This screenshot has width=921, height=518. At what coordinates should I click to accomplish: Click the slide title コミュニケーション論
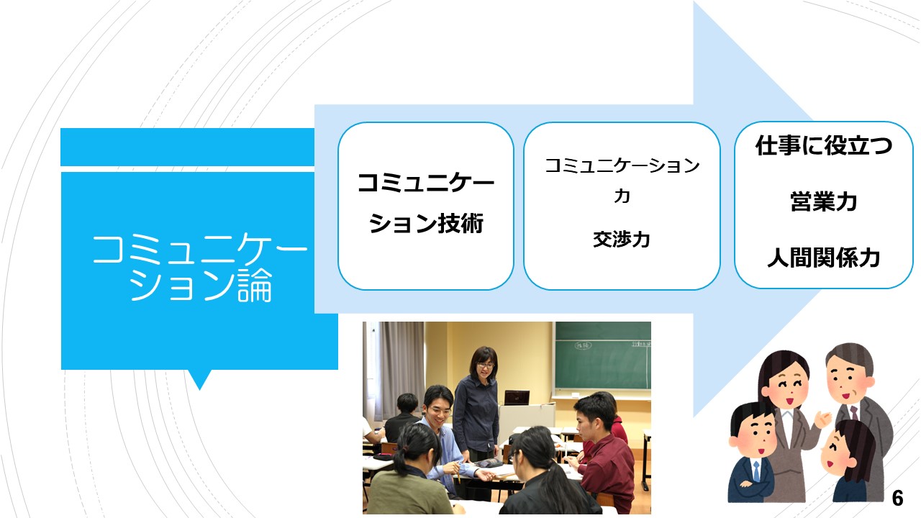click(x=200, y=267)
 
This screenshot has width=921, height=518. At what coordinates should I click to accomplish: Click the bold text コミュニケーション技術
click(x=426, y=204)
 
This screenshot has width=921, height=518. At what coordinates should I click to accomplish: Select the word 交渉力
click(x=621, y=240)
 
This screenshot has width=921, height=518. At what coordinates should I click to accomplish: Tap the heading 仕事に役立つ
click(x=824, y=145)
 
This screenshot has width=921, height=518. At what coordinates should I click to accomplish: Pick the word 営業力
click(x=824, y=201)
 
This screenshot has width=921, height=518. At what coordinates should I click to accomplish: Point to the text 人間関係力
click(x=824, y=258)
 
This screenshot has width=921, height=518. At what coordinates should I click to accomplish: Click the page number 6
click(x=897, y=499)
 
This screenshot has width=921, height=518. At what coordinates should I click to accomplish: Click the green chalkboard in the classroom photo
click(x=603, y=355)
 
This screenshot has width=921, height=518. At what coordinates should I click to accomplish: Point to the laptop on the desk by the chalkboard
click(x=517, y=398)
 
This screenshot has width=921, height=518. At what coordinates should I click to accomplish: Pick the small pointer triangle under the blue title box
click(x=200, y=378)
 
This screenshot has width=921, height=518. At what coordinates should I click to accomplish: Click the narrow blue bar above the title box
click(x=188, y=147)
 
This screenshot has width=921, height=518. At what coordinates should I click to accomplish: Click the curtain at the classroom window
click(x=401, y=362)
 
